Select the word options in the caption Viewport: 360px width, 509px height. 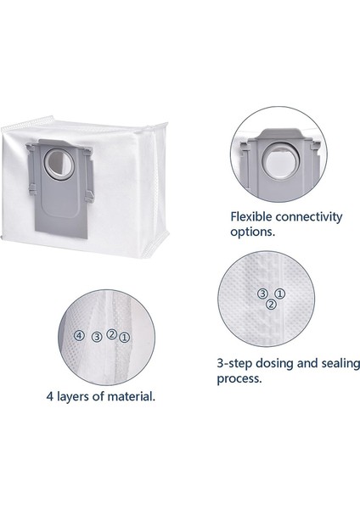[256, 232]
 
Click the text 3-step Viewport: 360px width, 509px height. [235, 362]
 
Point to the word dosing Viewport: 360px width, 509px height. [279, 362]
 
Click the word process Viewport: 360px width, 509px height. [239, 378]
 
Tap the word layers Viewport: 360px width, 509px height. [76, 395]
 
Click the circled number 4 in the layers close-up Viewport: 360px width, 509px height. [78, 336]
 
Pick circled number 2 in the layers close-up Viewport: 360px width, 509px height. [112, 333]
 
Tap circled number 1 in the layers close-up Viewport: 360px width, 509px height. [125, 337]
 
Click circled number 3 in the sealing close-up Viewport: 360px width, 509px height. [262, 293]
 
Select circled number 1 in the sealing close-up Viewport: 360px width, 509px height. [279, 293]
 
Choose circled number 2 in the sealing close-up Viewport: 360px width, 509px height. [271, 304]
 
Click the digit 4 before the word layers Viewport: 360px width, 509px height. [50, 395]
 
